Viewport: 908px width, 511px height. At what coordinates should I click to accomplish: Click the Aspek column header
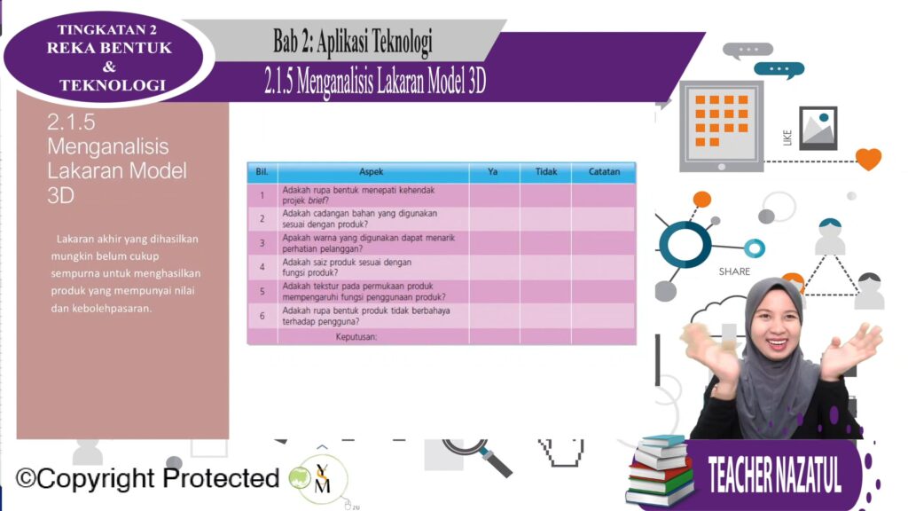(372, 172)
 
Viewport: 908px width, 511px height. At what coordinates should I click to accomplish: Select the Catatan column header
(604, 172)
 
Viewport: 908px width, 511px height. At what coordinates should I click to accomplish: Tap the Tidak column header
(546, 172)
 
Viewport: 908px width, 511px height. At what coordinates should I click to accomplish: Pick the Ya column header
(493, 172)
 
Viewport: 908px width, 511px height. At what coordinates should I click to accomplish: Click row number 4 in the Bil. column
(262, 267)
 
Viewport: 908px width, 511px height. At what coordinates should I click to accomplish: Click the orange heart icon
(869, 159)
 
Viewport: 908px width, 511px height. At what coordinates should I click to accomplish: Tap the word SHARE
(734, 271)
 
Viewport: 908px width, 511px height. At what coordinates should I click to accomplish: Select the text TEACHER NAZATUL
(775, 476)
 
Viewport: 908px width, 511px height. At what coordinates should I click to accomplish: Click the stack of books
(660, 470)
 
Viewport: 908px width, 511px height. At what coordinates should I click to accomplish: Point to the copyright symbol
(26, 478)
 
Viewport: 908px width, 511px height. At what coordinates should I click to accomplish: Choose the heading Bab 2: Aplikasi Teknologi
(353, 42)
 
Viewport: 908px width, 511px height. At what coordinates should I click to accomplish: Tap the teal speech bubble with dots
(779, 69)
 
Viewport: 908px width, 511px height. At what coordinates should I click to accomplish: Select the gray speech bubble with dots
(747, 51)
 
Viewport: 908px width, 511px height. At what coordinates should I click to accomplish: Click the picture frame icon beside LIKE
(818, 128)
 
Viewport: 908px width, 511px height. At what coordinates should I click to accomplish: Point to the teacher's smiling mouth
(777, 344)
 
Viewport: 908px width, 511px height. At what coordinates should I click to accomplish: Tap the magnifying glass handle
(496, 461)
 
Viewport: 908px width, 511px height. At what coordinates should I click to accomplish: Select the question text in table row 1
(358, 195)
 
